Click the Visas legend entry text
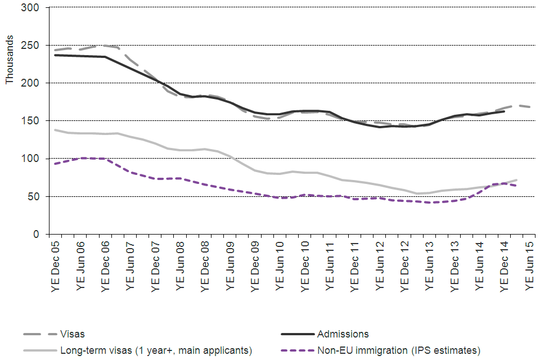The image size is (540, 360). point(72,334)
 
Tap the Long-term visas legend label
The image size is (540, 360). point(155,350)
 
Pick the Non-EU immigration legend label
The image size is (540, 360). point(398,350)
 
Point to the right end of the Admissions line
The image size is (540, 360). point(505,111)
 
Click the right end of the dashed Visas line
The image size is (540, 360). point(530,107)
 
